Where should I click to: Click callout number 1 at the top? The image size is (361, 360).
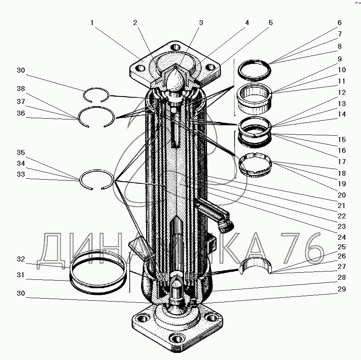pos(92,23)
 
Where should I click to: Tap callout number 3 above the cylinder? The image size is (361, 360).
pos(201,23)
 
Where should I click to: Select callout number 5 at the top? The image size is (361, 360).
pos(271,23)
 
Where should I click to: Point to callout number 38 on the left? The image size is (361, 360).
pos(21,89)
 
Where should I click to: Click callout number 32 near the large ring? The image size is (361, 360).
pos(21,259)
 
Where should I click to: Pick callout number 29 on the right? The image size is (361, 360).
pos(342,289)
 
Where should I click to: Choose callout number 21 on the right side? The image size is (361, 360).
pos(342,205)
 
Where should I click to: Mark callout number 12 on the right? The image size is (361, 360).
pos(342,92)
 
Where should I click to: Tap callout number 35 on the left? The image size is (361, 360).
pos(21,152)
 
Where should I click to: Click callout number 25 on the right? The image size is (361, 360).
pos(342,247)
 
